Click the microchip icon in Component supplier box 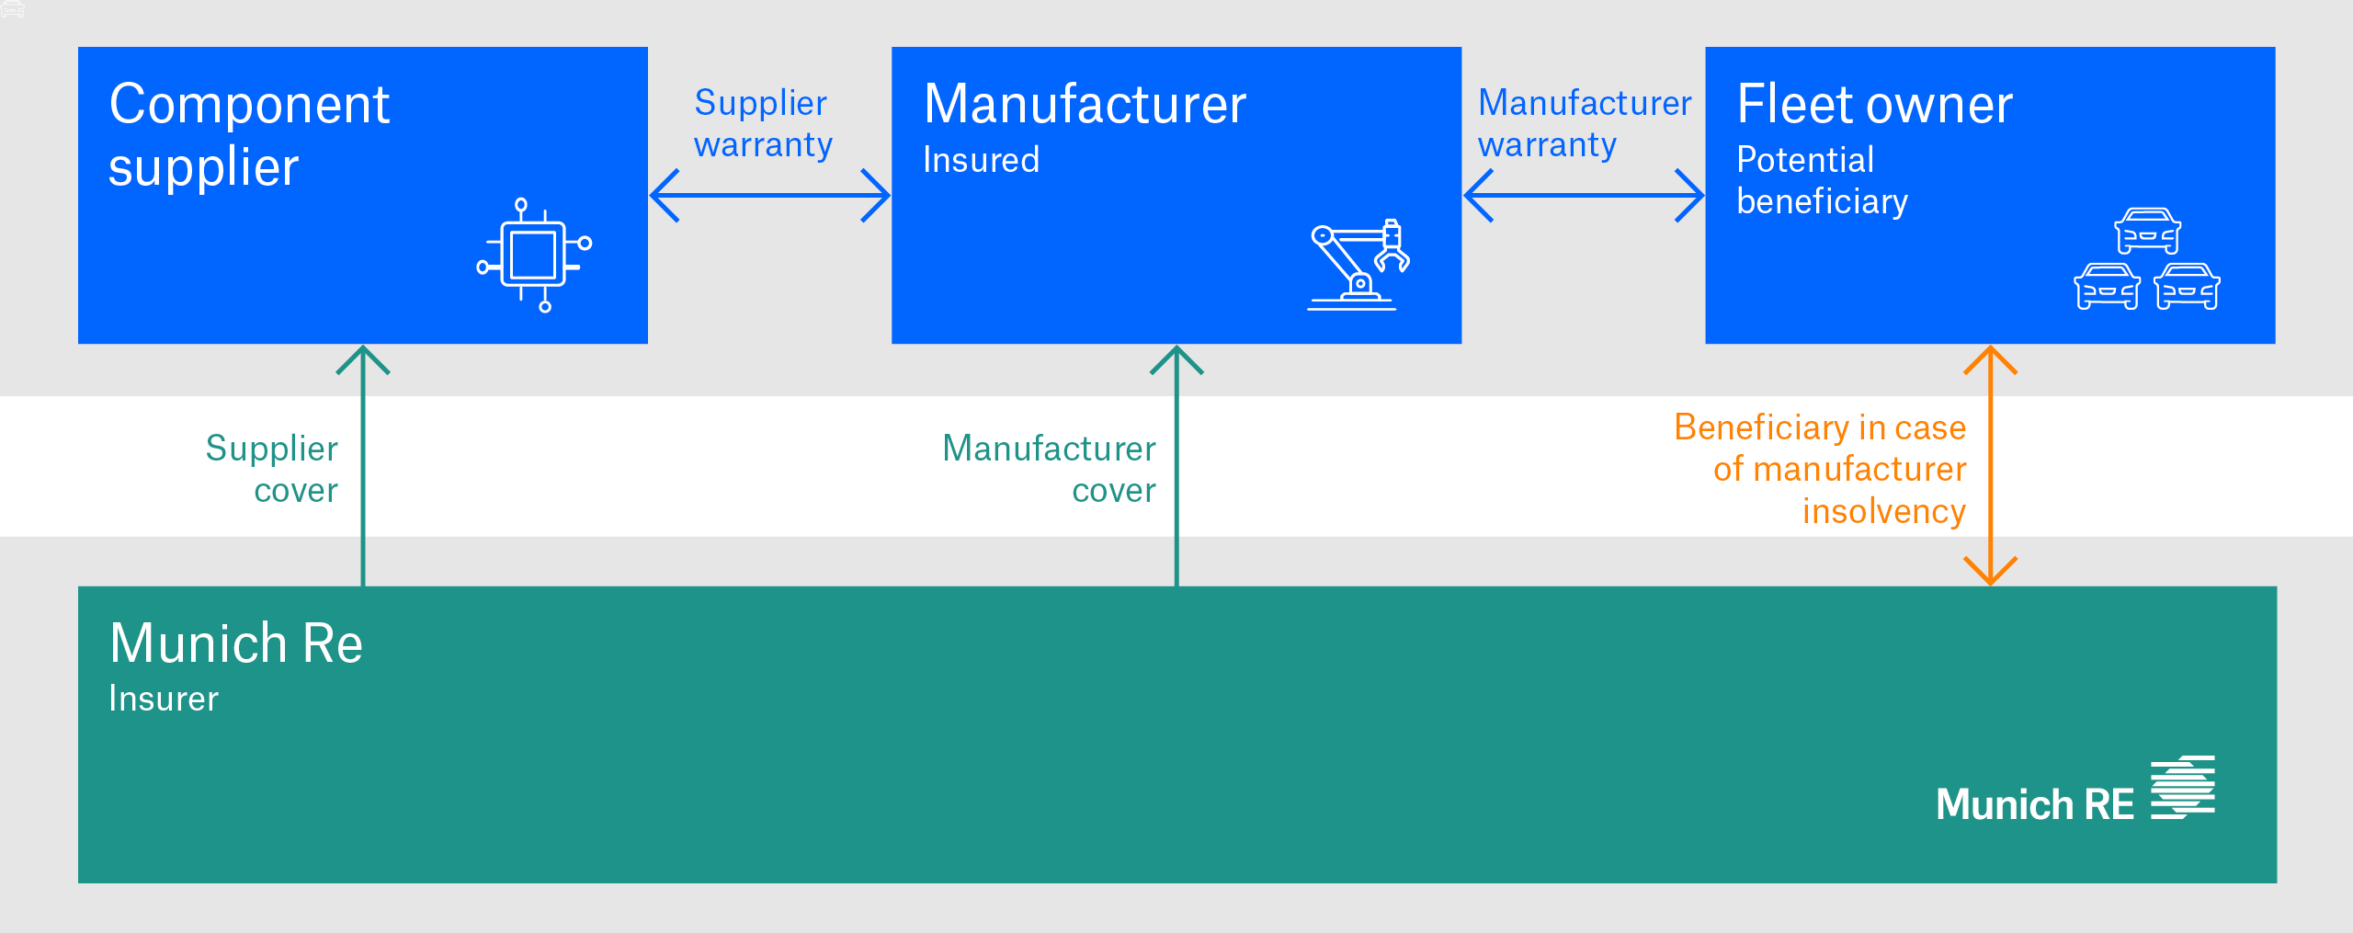533,255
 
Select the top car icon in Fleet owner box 2147,231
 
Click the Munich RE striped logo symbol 2182,787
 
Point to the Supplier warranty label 762,123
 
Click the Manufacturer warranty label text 1584,123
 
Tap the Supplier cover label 272,469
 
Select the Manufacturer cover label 1049,469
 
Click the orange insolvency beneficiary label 1820,469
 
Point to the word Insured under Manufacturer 981,160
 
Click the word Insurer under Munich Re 164,699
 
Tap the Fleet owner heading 1874,104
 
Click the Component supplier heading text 249,134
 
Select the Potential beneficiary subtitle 1821,180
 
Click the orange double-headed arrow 1990,465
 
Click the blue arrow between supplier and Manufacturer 769,195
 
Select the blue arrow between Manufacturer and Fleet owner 1583,195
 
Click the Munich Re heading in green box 236,643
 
